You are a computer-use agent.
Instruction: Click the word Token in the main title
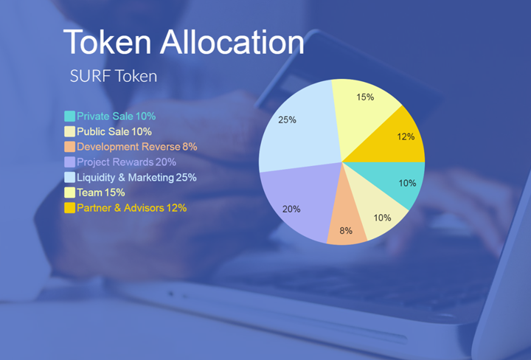tap(107, 42)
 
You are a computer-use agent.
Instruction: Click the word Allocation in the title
tap(232, 42)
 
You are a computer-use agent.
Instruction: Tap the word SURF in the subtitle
tap(90, 76)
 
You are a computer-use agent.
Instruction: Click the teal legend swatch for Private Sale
tap(70, 116)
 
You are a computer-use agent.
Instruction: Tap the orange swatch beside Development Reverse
tap(70, 147)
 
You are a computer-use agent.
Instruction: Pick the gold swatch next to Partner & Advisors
tap(70, 207)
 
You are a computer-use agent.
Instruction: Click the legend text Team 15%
tap(101, 193)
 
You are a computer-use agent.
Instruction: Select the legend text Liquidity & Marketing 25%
tap(137, 177)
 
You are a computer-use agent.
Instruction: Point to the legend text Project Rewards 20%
tap(127, 162)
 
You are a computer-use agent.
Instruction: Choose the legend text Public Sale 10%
tap(114, 131)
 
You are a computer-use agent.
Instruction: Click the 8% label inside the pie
tap(346, 231)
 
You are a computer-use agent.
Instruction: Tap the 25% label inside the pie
tap(287, 120)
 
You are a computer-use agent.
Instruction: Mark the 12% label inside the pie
tap(406, 136)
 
